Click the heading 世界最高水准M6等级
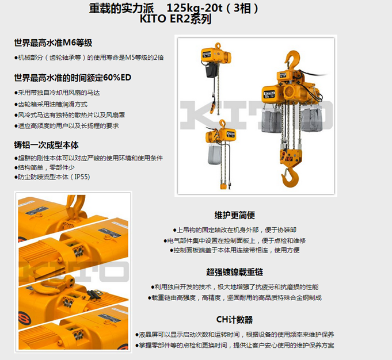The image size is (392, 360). pyautogui.click(x=53, y=43)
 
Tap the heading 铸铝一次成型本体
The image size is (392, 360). pyautogui.click(x=46, y=145)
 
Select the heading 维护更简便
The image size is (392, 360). pyautogui.click(x=234, y=215)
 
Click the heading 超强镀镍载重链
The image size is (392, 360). pyautogui.click(x=234, y=272)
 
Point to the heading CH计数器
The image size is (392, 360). pyautogui.click(x=234, y=320)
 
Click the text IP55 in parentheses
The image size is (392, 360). pyautogui.click(x=82, y=177)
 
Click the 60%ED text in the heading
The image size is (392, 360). pyautogui.click(x=117, y=78)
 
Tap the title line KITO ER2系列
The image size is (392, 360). pyautogui.click(x=176, y=19)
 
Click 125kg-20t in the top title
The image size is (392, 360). pyautogui.click(x=194, y=8)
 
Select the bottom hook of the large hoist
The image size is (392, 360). pyautogui.click(x=290, y=176)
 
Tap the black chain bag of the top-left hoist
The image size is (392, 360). pyautogui.click(x=211, y=70)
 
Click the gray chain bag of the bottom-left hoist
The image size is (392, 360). pyautogui.click(x=214, y=154)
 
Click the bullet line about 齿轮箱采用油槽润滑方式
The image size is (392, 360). pyautogui.click(x=51, y=104)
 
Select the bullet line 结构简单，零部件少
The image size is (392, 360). pyautogui.click(x=44, y=167)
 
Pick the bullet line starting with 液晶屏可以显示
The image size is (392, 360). pyautogui.click(x=234, y=334)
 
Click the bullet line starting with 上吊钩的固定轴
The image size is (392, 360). pyautogui.click(x=235, y=229)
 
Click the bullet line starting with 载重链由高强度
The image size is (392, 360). pyautogui.click(x=235, y=297)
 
